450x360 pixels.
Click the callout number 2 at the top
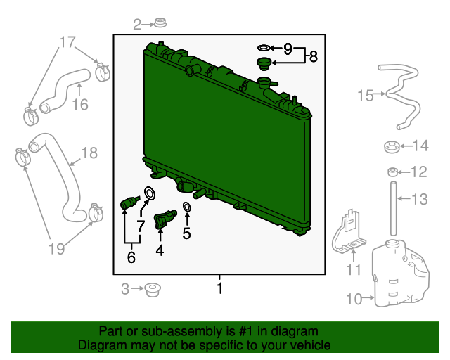pyautogui.click(x=137, y=25)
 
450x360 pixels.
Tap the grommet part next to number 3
pyautogui.click(x=152, y=290)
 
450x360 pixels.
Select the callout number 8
pyautogui.click(x=314, y=56)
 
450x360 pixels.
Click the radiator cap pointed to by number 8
pyautogui.click(x=264, y=64)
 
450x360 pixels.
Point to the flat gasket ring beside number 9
pyautogui.click(x=264, y=48)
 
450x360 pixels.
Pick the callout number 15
pyautogui.click(x=366, y=96)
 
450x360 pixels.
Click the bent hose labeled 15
pyautogui.click(x=400, y=96)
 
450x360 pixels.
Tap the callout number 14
pyautogui.click(x=420, y=146)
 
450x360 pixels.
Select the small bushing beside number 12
pyautogui.click(x=392, y=172)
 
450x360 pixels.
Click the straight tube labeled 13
pyautogui.click(x=393, y=209)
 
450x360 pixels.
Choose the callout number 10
pyautogui.click(x=354, y=299)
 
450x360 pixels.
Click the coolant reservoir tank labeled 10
pyautogui.click(x=401, y=274)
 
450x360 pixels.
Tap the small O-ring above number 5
pyautogui.click(x=187, y=207)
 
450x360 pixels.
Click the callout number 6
pyautogui.click(x=131, y=257)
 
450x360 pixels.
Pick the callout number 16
pyautogui.click(x=80, y=105)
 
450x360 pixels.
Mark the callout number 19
pyautogui.click(x=56, y=249)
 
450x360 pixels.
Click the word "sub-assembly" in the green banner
pyautogui.click(x=182, y=332)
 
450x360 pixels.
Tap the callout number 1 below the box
pyautogui.click(x=220, y=288)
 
